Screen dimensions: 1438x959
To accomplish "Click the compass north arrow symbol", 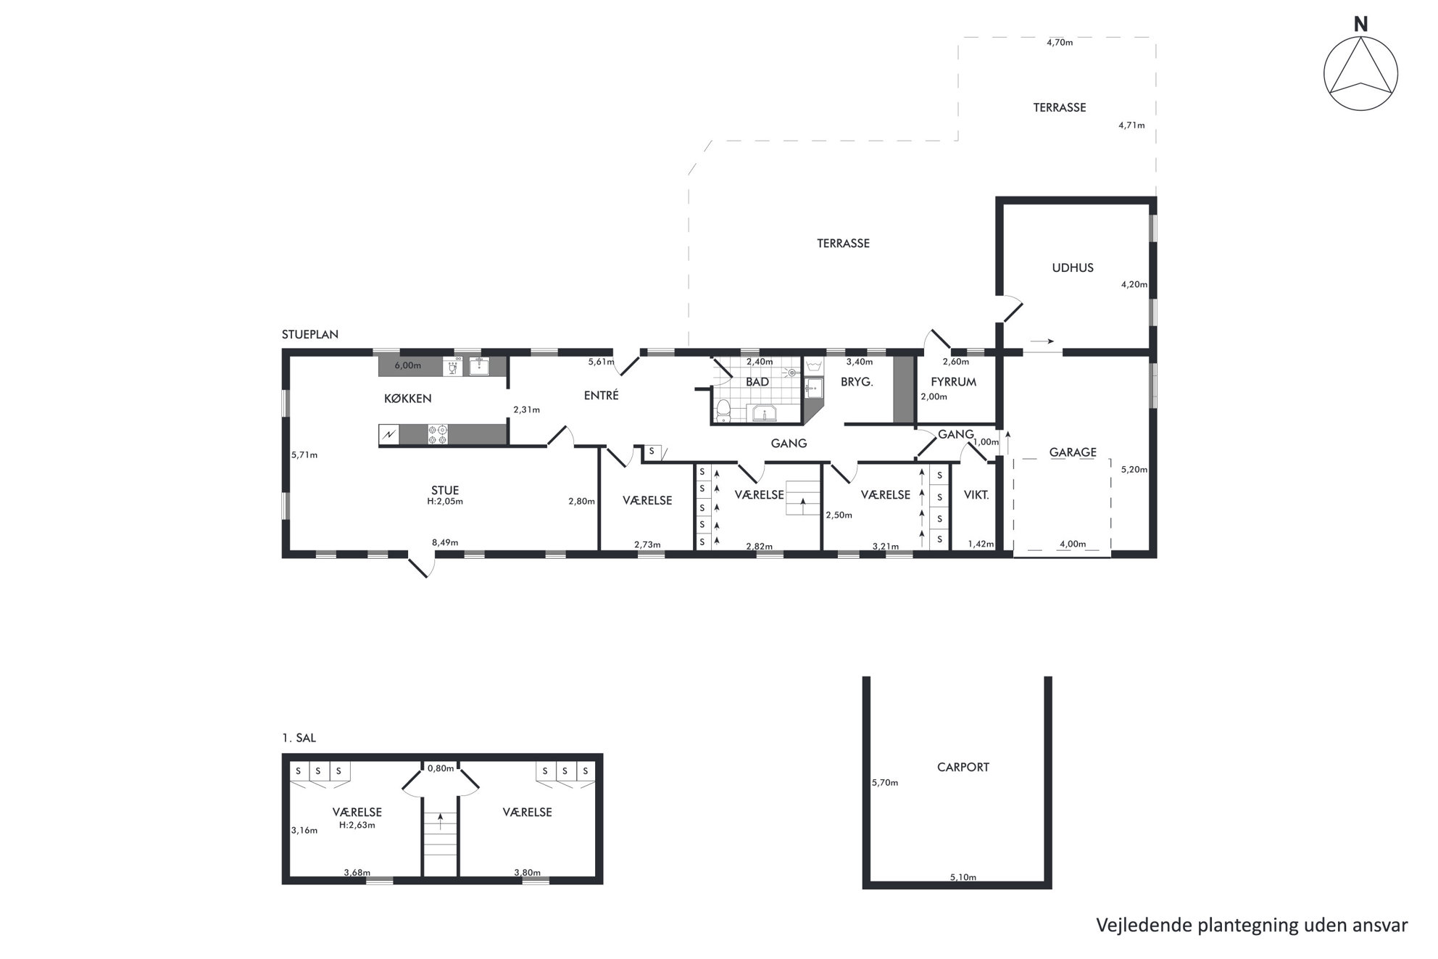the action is tap(1360, 73).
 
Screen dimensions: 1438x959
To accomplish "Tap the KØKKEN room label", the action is tap(407, 399).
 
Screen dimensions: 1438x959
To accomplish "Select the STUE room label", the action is tap(445, 491).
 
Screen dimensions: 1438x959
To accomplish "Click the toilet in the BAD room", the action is tap(723, 410).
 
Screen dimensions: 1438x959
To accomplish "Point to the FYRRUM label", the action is tap(953, 382).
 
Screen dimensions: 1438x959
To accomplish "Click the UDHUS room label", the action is tap(1073, 267).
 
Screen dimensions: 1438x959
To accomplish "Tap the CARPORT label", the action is tap(963, 767).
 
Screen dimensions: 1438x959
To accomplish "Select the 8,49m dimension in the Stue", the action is tap(445, 542).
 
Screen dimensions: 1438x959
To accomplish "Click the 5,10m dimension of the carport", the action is tap(963, 877).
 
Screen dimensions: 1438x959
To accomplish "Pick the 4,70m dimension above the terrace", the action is tap(1060, 42).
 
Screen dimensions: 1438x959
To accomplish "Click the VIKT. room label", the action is tap(976, 495).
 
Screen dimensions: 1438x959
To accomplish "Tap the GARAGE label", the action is tap(1073, 452).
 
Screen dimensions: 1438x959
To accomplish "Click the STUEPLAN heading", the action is tap(310, 335).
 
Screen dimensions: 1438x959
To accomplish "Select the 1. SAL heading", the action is tap(299, 738).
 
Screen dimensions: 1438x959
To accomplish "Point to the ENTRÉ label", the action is tap(602, 396).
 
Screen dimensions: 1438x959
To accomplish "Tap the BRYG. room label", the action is tap(857, 382).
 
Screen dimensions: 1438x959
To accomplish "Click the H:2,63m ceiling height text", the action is tap(357, 825).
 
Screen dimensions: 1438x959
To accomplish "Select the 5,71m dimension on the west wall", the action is tap(304, 455).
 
